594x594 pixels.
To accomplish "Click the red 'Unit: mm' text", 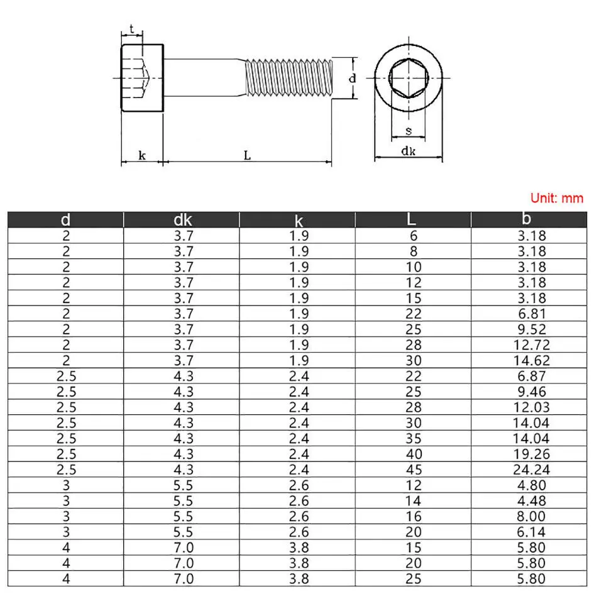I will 557,198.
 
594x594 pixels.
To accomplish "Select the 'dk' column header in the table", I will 182,219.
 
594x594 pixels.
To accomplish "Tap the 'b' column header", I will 527,219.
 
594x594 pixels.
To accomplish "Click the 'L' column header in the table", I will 411,219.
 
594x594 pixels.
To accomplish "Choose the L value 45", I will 414,470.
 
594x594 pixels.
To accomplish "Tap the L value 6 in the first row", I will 414,235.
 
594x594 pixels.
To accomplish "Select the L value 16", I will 414,517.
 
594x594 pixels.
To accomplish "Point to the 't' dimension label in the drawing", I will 132,28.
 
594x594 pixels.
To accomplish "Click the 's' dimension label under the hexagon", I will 409,131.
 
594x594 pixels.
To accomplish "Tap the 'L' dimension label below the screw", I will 248,155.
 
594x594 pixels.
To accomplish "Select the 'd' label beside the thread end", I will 353,79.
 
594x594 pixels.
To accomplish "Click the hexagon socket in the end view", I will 409,79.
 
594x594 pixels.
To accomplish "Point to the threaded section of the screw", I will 286,78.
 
